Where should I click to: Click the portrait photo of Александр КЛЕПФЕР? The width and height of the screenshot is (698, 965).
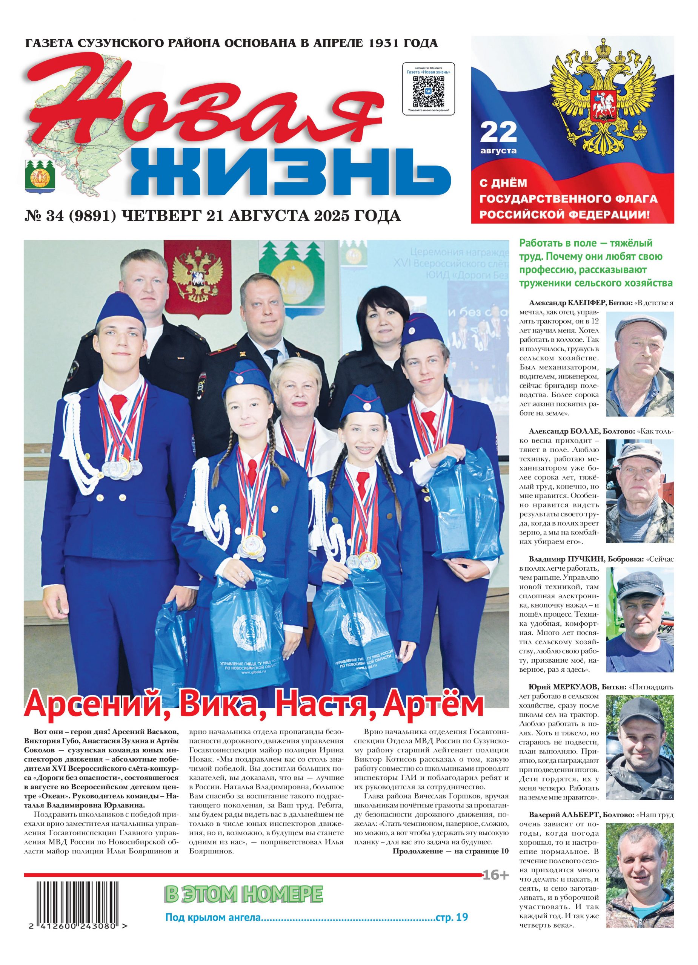pos(640,364)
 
